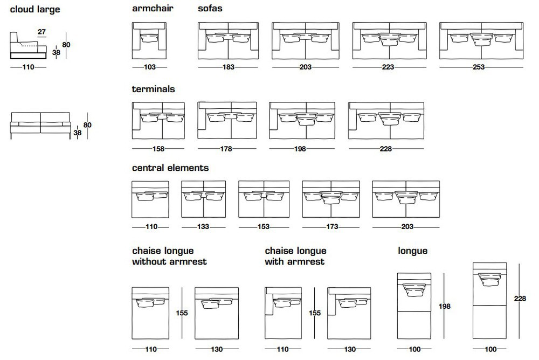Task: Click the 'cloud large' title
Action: [x=35, y=10]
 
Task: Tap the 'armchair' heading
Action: [x=153, y=8]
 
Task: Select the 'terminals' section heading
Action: [x=153, y=89]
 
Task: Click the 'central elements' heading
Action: [x=170, y=168]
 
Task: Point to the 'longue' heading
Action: [x=412, y=251]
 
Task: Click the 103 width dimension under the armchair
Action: [x=150, y=67]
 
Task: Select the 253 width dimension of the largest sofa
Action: [x=479, y=67]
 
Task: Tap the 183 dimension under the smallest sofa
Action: [x=228, y=67]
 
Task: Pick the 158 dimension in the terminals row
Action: [x=158, y=149]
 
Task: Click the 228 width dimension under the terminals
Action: [x=386, y=149]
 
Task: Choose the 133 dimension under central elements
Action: [x=203, y=226]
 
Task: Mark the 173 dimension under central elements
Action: [x=332, y=226]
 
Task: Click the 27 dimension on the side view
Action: [x=42, y=32]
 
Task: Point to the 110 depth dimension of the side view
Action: [x=28, y=67]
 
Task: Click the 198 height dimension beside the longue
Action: [x=445, y=306]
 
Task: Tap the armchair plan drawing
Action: [x=149, y=41]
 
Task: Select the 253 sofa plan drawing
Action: [x=481, y=41]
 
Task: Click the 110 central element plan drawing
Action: [x=150, y=199]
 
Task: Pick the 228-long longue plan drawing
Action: [x=489, y=301]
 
